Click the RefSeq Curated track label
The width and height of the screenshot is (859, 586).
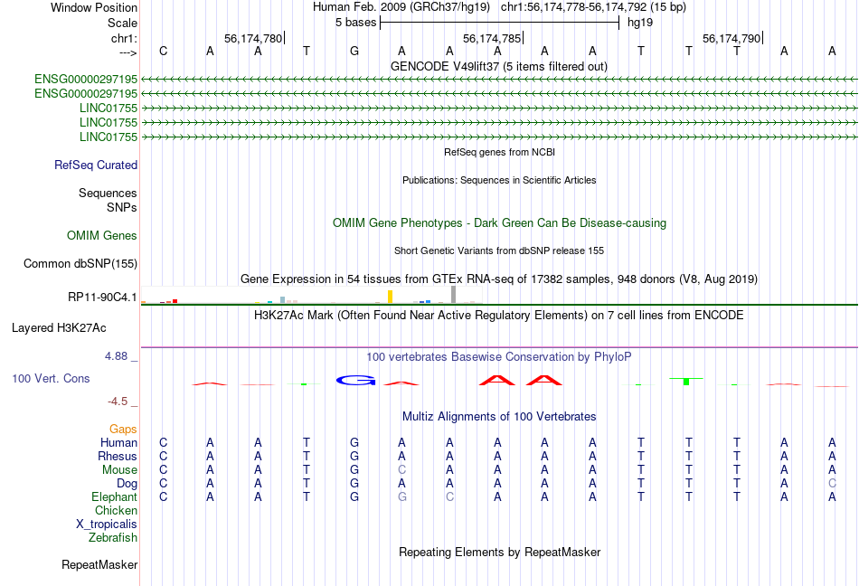(x=96, y=165)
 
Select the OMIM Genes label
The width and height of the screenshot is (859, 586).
(x=102, y=235)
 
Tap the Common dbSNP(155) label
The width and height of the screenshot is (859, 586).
(x=80, y=263)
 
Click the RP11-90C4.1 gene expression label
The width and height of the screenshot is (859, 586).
(x=102, y=297)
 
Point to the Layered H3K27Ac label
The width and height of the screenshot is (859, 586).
(x=59, y=328)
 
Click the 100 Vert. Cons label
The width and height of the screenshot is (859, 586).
(x=51, y=378)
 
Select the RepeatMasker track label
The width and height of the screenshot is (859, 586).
(x=99, y=564)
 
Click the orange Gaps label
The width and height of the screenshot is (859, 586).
(x=123, y=429)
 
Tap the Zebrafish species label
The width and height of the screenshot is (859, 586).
(x=113, y=538)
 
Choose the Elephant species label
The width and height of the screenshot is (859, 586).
(x=115, y=496)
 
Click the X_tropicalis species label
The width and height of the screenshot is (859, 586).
(x=107, y=525)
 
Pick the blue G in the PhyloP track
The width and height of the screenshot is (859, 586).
(x=355, y=380)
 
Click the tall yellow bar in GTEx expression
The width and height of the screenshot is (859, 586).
(x=390, y=297)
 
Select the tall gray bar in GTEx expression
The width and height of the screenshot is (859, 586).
(x=454, y=294)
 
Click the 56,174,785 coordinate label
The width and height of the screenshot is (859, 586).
(x=492, y=38)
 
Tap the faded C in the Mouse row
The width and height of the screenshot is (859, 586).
(x=402, y=470)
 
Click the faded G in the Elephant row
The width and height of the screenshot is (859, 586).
(x=402, y=496)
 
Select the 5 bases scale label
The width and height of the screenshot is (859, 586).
(x=356, y=23)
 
